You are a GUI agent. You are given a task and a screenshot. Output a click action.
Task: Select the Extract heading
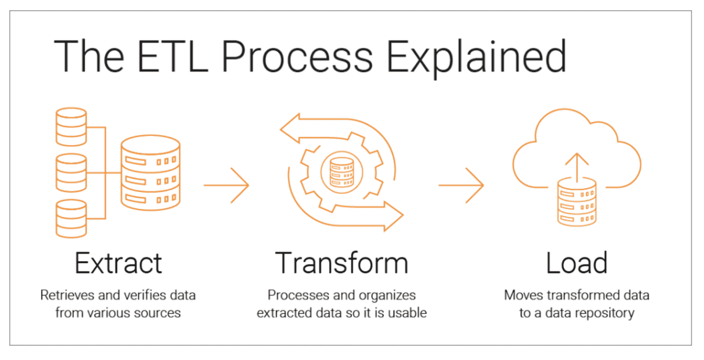(118, 263)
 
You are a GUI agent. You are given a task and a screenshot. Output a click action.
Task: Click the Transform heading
(341, 263)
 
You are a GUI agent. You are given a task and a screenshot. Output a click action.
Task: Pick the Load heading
(577, 263)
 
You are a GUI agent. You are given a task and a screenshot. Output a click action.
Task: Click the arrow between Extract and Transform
(226, 185)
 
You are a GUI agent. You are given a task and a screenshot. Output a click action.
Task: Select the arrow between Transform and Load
(461, 185)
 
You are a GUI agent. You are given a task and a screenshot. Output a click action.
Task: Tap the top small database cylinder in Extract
(71, 127)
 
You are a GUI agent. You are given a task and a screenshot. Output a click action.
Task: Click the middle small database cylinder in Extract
(71, 173)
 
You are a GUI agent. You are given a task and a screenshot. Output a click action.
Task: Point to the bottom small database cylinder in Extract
(71, 219)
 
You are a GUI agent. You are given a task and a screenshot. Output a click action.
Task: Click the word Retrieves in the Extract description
(66, 295)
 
